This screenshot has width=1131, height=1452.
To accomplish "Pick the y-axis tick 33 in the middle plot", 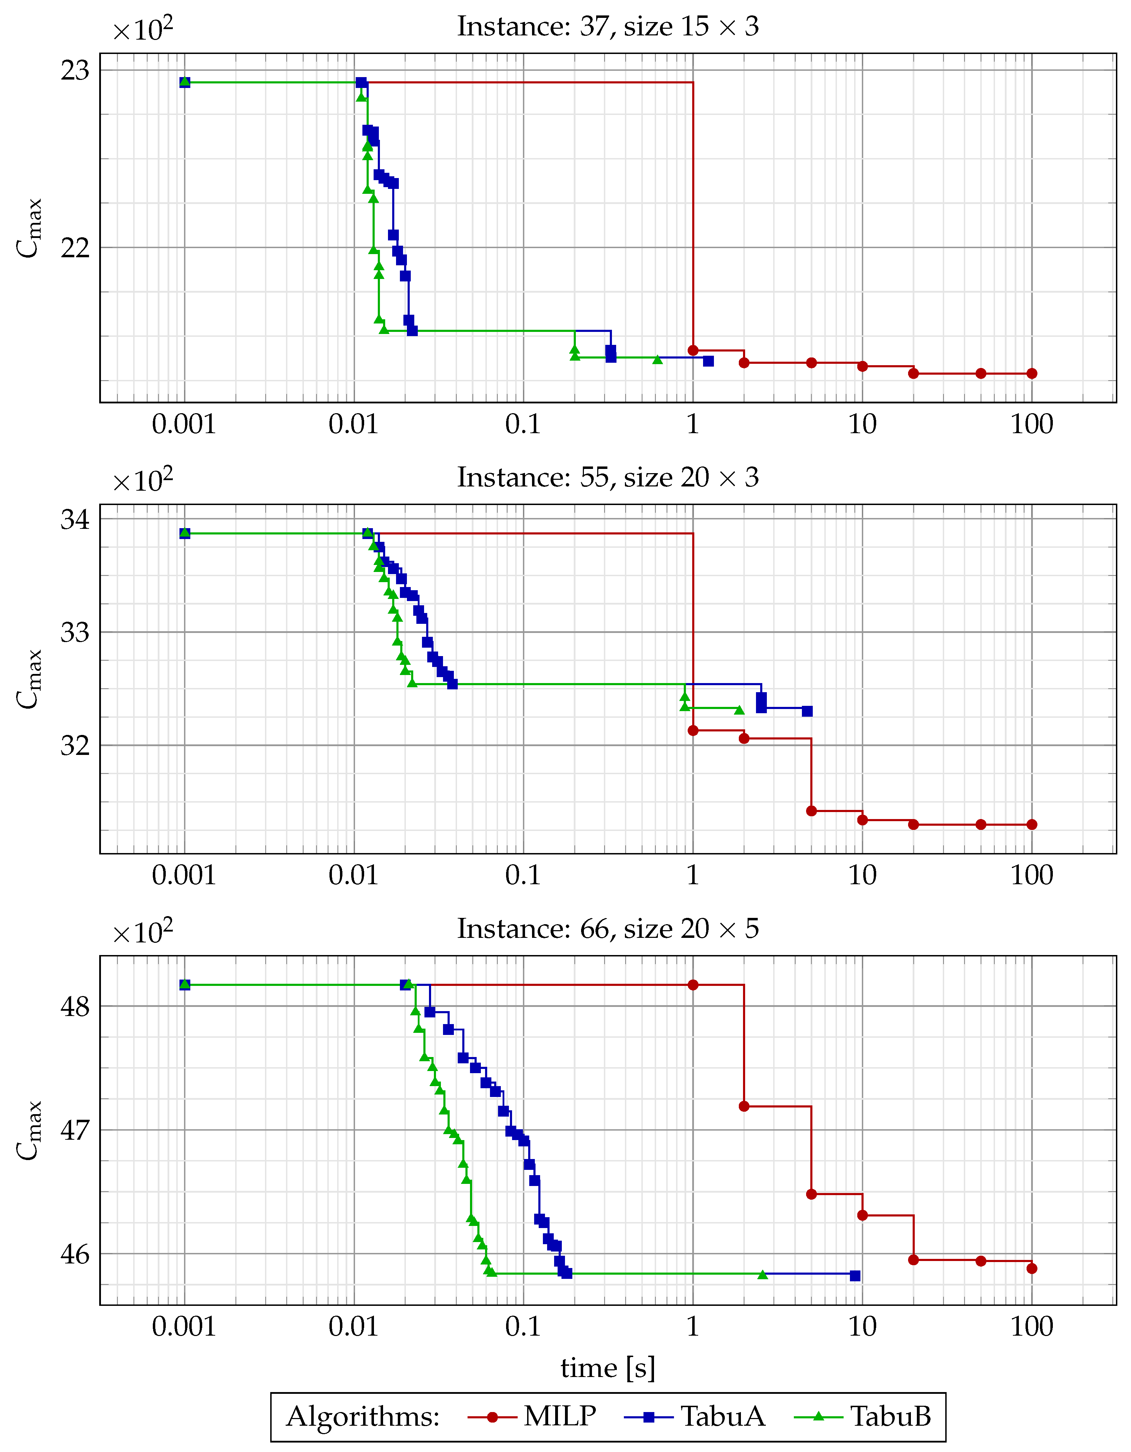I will point(74,632).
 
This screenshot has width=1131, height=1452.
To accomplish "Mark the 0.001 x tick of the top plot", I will point(184,424).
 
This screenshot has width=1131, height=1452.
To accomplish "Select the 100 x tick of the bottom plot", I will point(1031,1326).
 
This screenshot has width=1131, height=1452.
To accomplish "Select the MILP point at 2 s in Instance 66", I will point(744,1106).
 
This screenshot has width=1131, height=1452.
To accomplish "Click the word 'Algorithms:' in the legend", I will point(363,1416).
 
